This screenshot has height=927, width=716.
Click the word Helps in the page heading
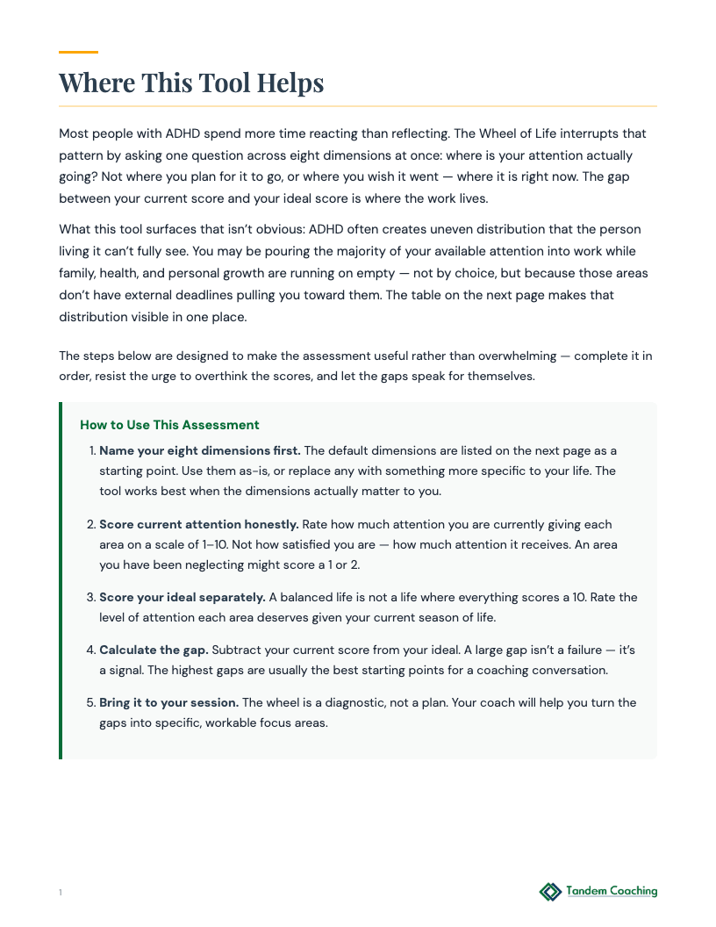(290, 83)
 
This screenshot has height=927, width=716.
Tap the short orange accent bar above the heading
(78, 52)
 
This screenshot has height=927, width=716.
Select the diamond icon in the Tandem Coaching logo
(550, 892)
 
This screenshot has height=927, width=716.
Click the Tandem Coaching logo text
(612, 891)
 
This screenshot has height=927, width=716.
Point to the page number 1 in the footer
(61, 893)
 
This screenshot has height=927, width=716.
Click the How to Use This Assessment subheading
(169, 425)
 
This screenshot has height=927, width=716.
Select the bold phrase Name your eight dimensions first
(199, 450)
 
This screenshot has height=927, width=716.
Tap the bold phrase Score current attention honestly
(198, 524)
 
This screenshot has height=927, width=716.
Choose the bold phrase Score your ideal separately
(182, 597)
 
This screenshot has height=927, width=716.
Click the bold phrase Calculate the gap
(154, 650)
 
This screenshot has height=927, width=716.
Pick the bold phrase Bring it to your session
(168, 703)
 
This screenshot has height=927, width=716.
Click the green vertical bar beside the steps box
(61, 580)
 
